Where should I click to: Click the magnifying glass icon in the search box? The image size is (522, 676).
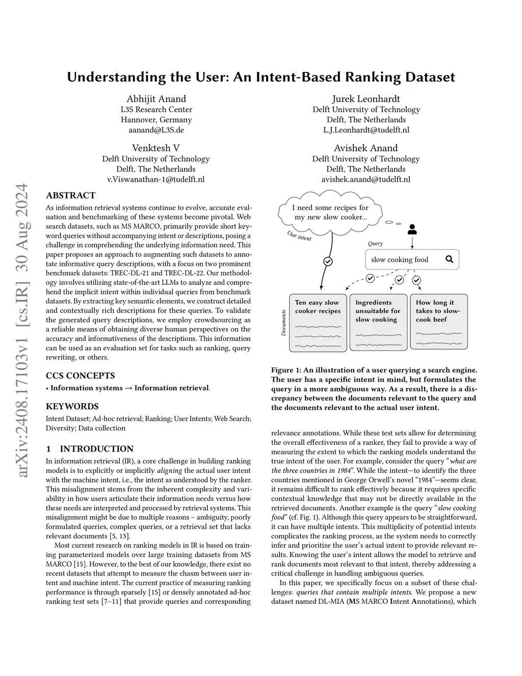click(x=449, y=259)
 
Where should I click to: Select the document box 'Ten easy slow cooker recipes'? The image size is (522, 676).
click(x=318, y=322)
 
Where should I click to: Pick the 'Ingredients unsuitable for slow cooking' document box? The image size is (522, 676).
click(x=378, y=322)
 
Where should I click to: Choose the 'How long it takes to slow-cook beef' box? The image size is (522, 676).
click(x=438, y=322)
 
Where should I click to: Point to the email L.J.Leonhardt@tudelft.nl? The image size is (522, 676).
click(x=366, y=130)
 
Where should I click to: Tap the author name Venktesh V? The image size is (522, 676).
click(x=156, y=148)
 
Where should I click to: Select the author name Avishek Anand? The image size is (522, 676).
click(x=366, y=148)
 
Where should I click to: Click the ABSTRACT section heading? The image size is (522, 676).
click(x=70, y=195)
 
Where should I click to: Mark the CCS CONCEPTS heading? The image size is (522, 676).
click(x=81, y=376)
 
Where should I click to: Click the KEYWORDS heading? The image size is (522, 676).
click(x=72, y=407)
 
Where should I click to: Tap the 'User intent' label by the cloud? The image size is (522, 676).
click(x=299, y=235)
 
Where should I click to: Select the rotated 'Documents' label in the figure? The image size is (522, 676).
click(x=283, y=322)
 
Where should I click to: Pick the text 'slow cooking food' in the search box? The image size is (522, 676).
click(x=400, y=260)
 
